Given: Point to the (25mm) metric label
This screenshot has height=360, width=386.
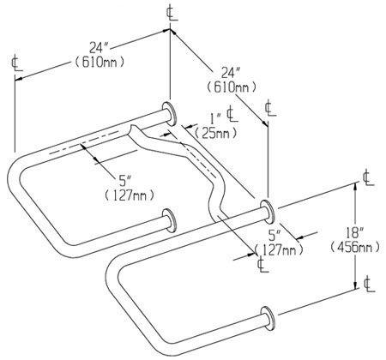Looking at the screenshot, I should pos(210,132).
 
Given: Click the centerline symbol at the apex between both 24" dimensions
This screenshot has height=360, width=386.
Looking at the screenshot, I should pos(168,13).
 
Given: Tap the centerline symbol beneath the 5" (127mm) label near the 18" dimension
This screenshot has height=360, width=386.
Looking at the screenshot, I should pos(261,265).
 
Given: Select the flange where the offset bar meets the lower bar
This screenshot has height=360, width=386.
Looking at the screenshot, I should pos(265,208).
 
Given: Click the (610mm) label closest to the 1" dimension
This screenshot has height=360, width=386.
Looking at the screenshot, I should pos(229,87).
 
